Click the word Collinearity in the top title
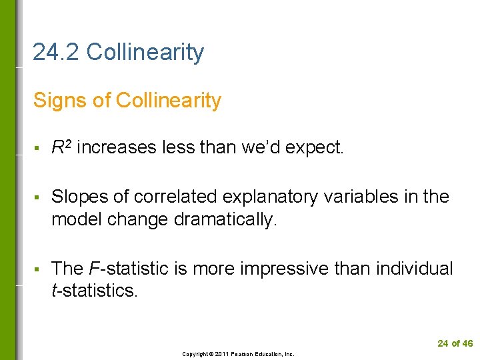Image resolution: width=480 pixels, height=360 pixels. (x=145, y=52)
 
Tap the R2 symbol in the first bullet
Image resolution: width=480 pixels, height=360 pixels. (x=62, y=147)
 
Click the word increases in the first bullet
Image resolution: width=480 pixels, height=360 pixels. (x=117, y=147)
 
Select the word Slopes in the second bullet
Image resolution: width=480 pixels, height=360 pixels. (x=75, y=197)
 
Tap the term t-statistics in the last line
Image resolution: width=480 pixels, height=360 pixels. (x=94, y=291)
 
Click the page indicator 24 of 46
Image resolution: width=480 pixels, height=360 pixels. (x=455, y=343)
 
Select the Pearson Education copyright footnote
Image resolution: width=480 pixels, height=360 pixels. (x=238, y=354)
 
